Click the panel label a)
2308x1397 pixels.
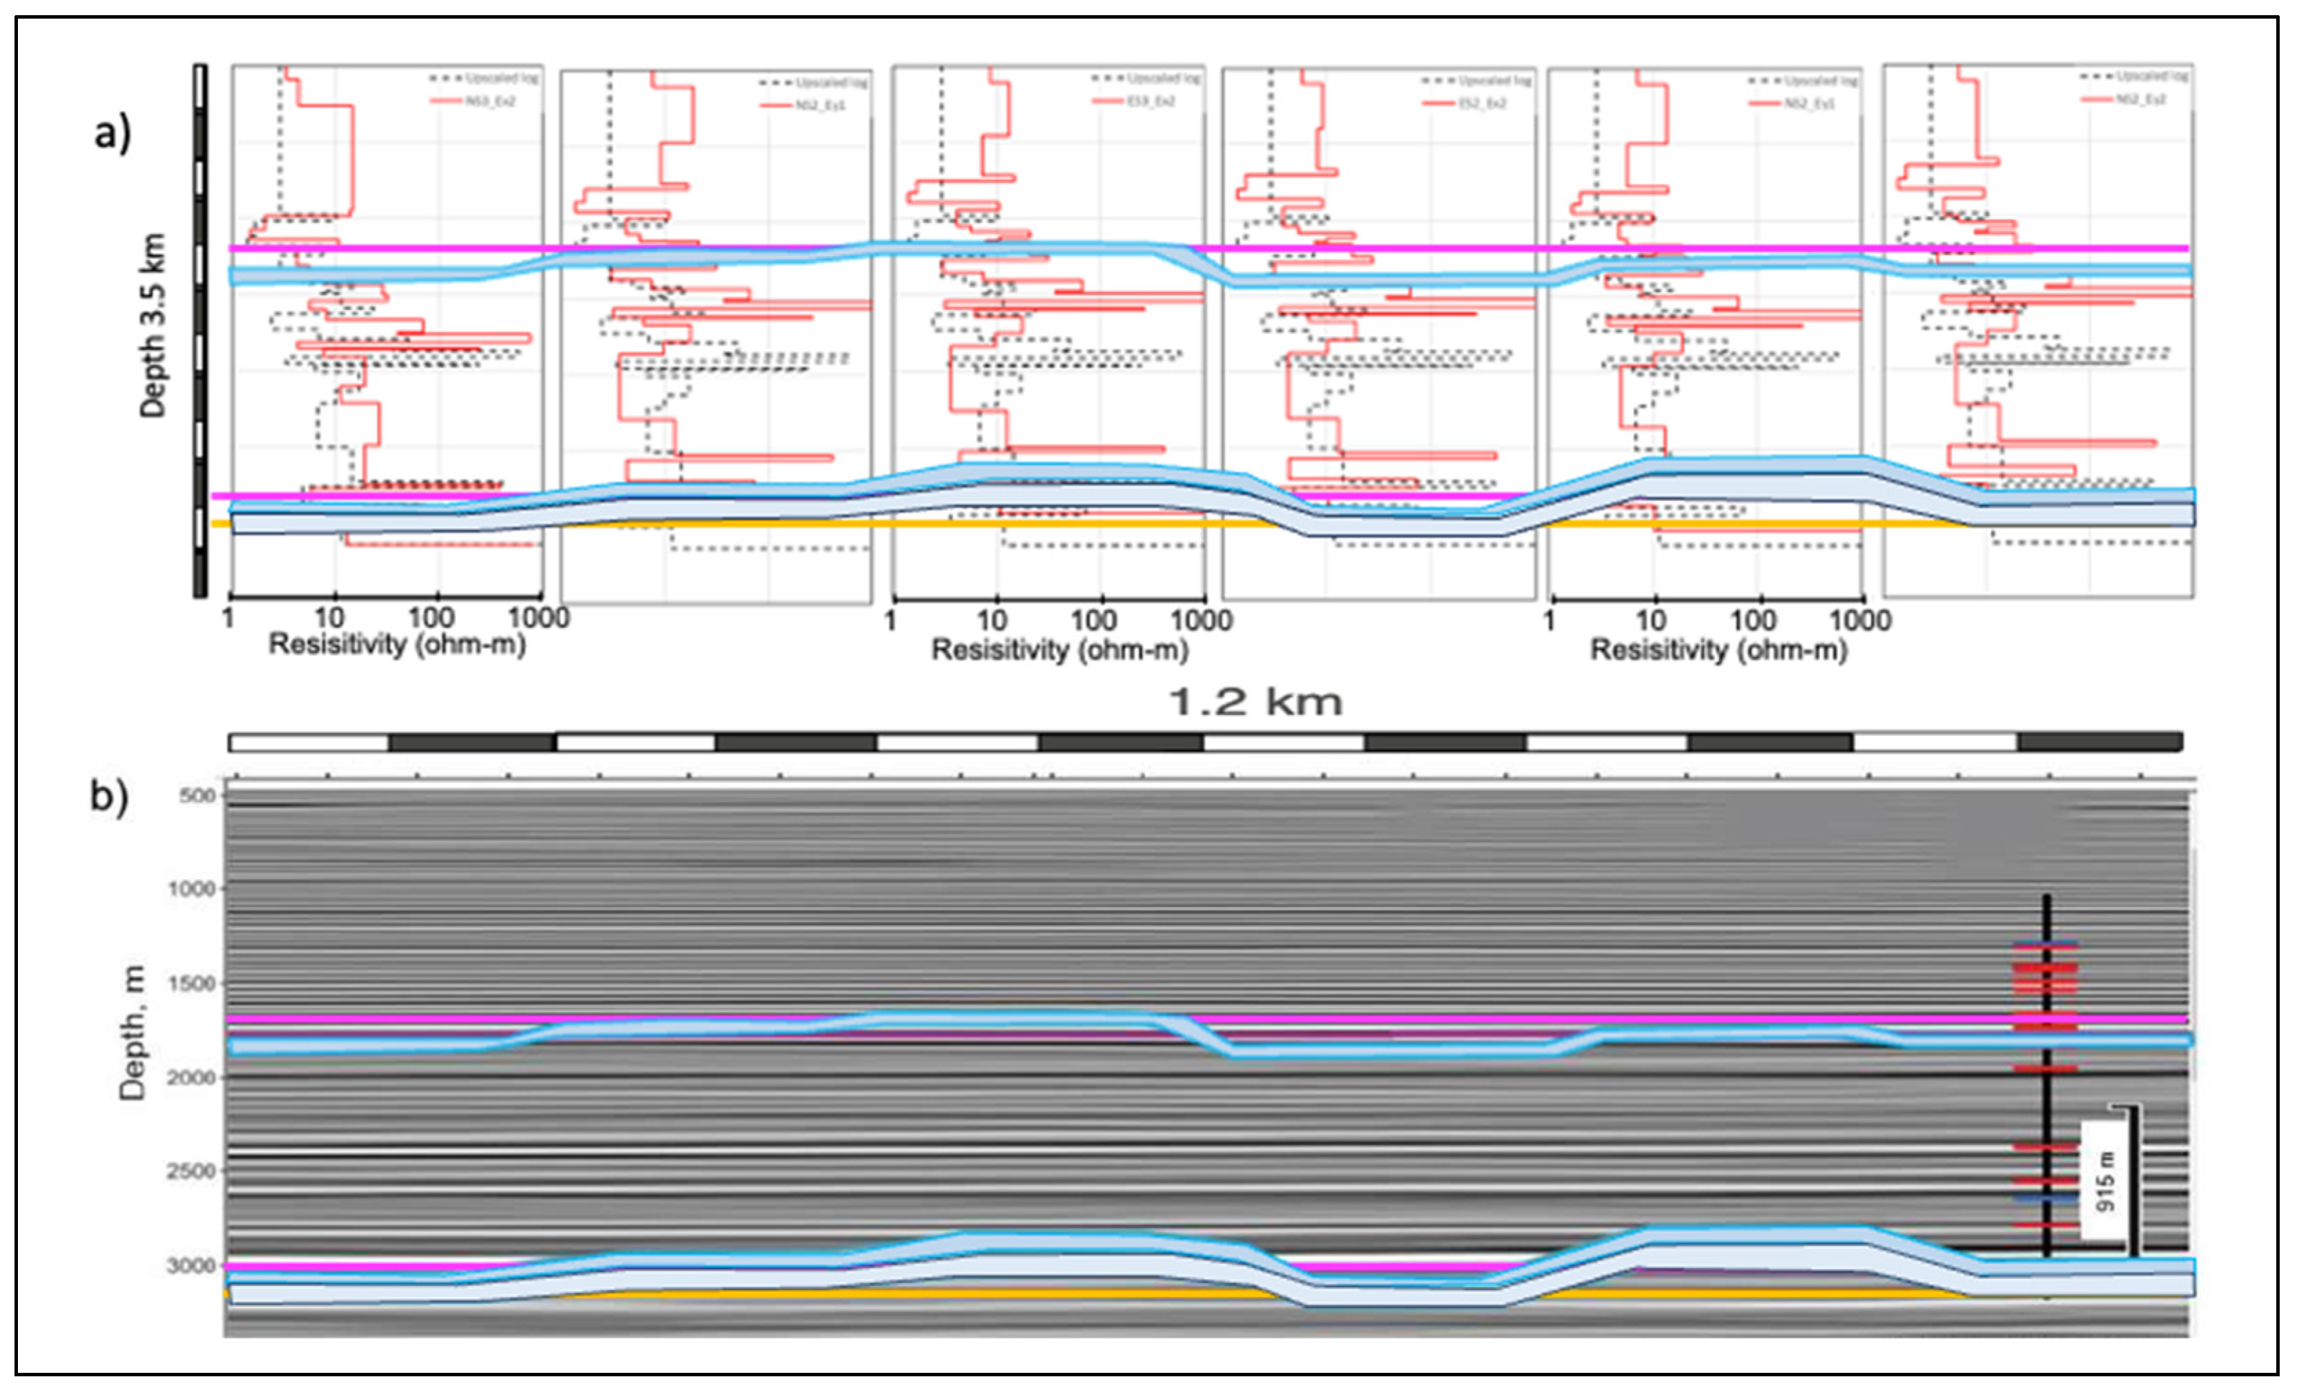point(112,134)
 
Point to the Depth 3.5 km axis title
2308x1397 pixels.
point(152,325)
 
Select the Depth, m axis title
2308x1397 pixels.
point(133,1032)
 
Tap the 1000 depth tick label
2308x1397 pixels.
point(191,888)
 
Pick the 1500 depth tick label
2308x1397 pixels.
point(191,984)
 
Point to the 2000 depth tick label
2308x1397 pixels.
point(191,1077)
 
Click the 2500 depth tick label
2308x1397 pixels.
point(191,1171)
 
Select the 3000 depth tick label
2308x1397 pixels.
point(191,1266)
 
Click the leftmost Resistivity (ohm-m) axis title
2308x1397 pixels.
point(397,645)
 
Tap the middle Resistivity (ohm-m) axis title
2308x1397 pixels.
point(1059,649)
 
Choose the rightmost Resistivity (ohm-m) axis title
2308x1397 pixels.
point(1719,649)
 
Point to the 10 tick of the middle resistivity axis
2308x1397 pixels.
point(992,621)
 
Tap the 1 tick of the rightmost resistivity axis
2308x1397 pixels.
point(1549,621)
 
